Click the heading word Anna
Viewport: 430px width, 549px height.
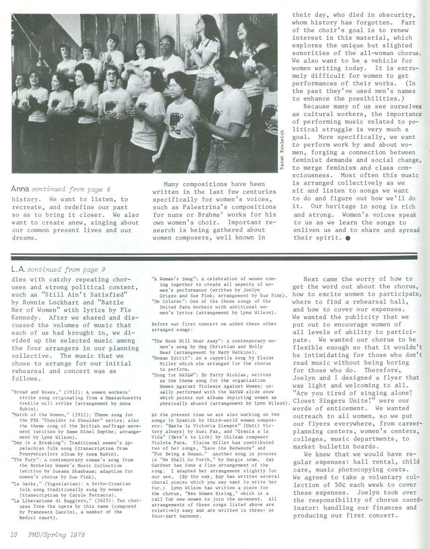(x=19, y=189)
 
